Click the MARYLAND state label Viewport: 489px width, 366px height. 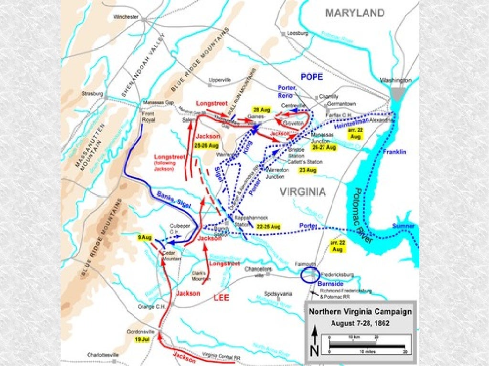tap(355, 13)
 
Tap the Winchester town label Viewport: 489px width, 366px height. tap(126, 17)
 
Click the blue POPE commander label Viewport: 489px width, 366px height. tap(312, 76)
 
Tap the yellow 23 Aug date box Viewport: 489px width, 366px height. tap(308, 170)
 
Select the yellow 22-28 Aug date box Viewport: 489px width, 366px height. tap(268, 226)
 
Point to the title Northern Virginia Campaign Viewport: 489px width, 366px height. tap(360, 312)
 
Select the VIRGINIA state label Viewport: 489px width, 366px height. tap(303, 192)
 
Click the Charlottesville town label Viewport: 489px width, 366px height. tap(103, 355)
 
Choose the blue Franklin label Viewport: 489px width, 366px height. tap(394, 152)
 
